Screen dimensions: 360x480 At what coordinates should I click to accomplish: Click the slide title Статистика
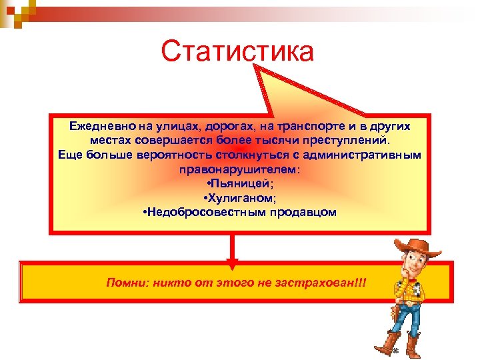(237, 51)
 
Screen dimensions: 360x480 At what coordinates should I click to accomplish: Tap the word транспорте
(299, 126)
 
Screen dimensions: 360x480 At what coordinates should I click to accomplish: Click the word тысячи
(271, 141)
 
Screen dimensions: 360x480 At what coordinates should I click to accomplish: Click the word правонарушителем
(239, 170)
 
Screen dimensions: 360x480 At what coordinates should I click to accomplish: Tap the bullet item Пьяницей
(239, 184)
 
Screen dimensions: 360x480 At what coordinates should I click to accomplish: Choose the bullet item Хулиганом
(239, 199)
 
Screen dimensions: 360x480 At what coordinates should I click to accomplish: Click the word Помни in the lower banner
(125, 282)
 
